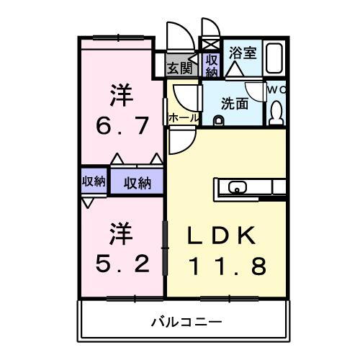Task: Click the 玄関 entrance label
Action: (x=180, y=68)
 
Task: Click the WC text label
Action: (x=276, y=90)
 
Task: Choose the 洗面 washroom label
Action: (x=235, y=103)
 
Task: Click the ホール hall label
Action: (x=183, y=117)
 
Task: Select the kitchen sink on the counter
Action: (x=237, y=189)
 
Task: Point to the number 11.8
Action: (x=228, y=266)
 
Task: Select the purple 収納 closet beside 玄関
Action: (x=211, y=66)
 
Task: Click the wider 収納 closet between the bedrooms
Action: (x=137, y=182)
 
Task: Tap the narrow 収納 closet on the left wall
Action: (x=93, y=181)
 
